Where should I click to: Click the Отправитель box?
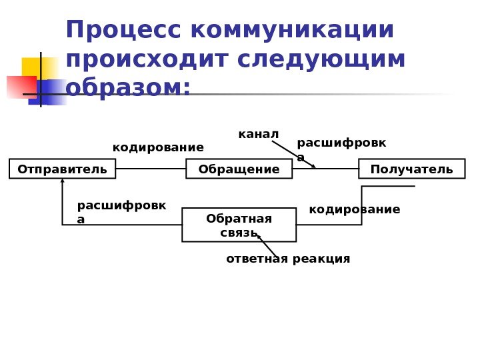[62, 169]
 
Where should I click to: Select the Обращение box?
[239, 169]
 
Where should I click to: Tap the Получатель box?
[411, 169]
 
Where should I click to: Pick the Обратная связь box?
[239, 225]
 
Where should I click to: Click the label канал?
[258, 135]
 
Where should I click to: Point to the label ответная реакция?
[288, 259]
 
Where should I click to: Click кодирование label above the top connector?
[158, 147]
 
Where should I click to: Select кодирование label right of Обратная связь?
[355, 210]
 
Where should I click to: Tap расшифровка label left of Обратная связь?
[121, 211]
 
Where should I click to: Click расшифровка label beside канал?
[341, 149]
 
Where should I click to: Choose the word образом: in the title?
[128, 88]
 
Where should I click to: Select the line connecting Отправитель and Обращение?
[151, 169]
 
